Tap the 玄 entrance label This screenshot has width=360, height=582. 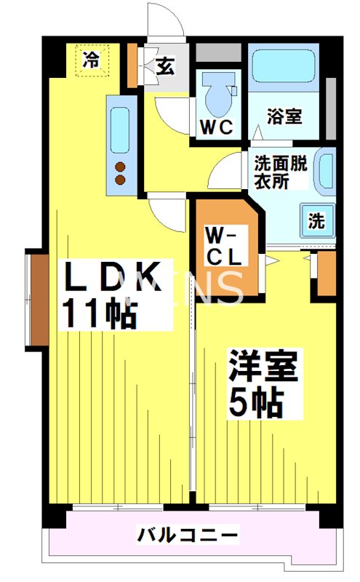(165, 68)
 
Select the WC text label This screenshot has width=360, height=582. (216, 127)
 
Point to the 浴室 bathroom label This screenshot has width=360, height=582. (284, 116)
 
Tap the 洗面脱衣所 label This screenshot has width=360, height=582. (280, 172)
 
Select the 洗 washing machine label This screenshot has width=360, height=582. (316, 222)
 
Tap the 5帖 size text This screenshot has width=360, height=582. (254, 402)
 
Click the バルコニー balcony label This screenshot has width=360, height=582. (188, 536)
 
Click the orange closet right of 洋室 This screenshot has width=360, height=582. (327, 274)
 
